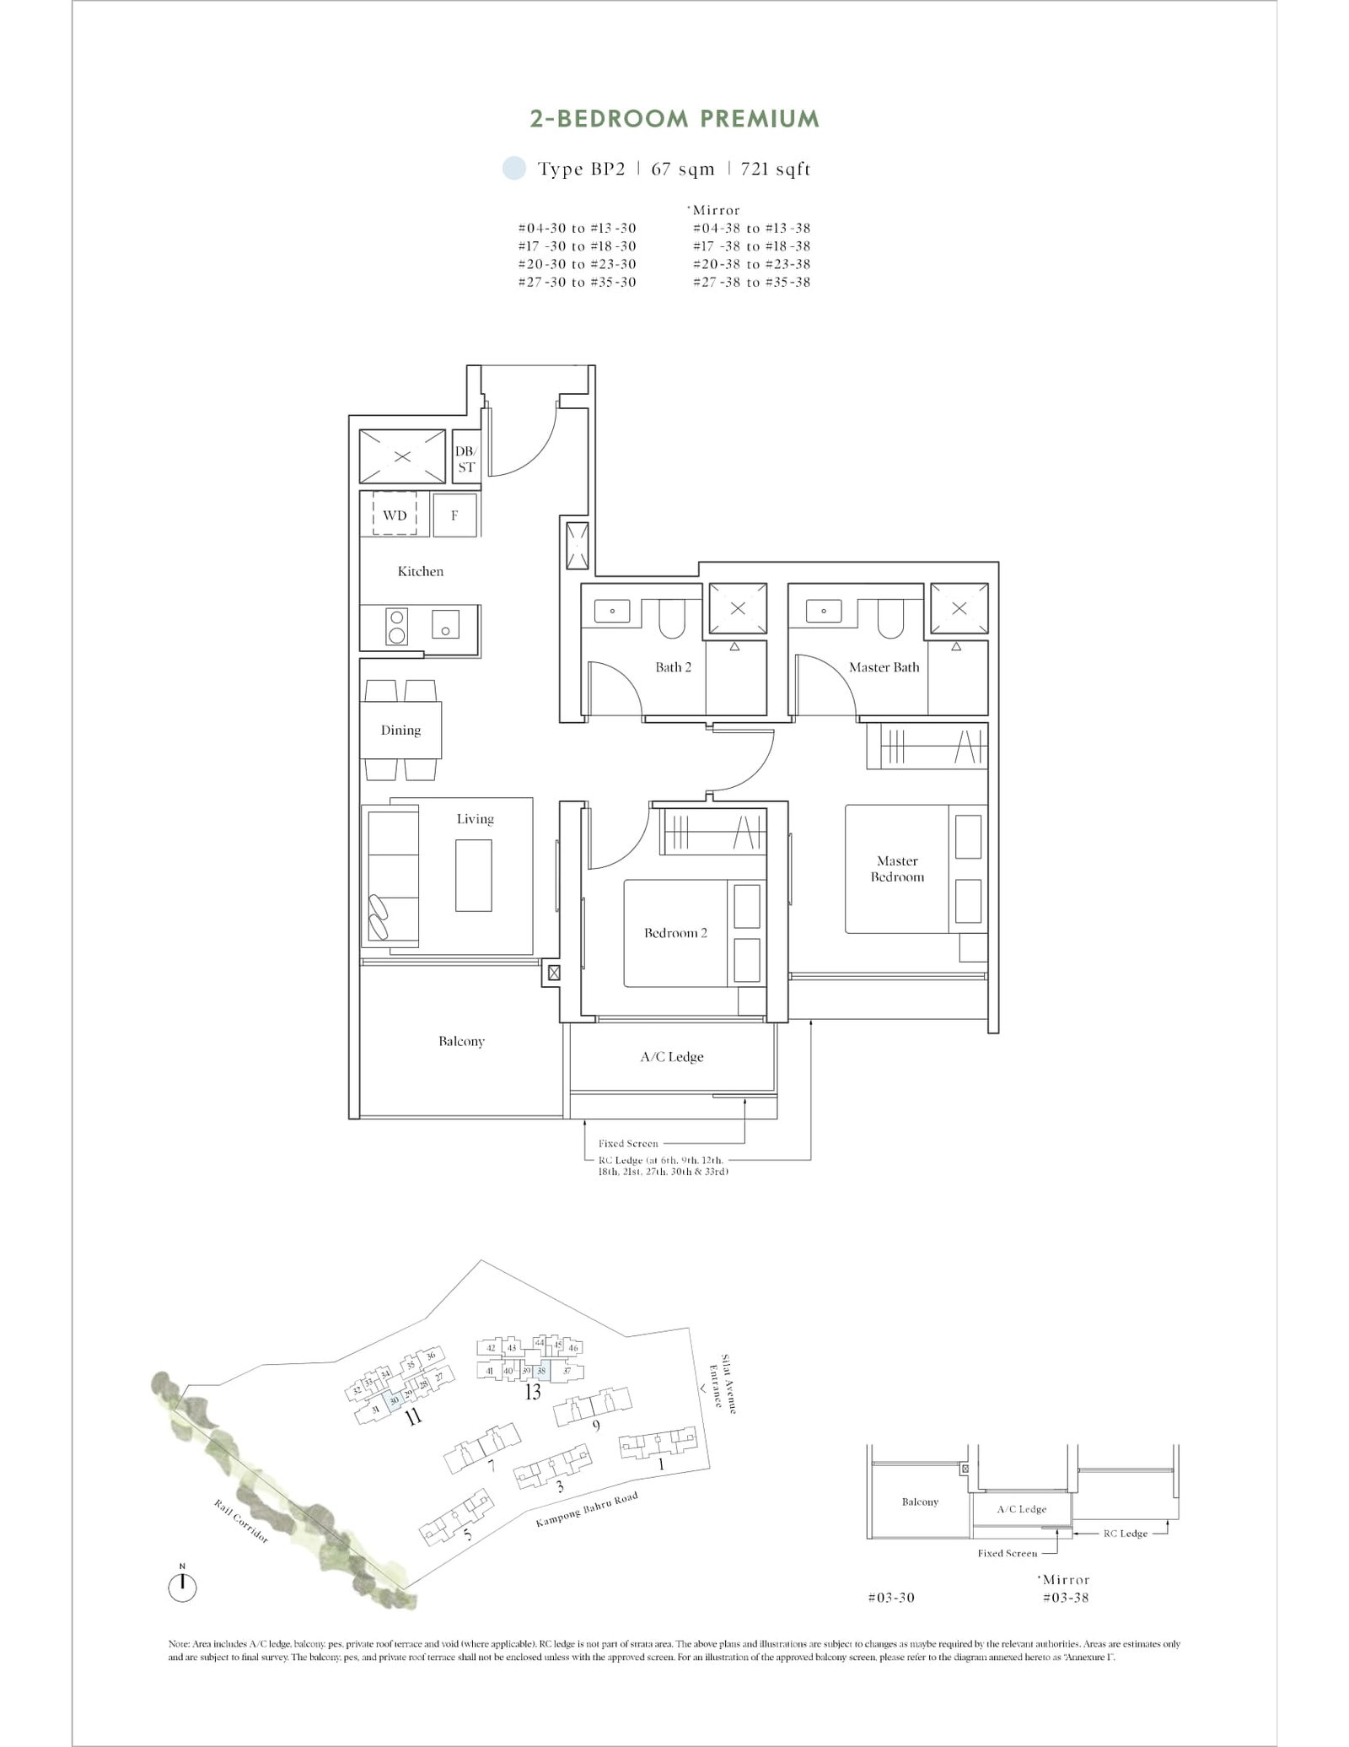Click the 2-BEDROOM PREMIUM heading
(x=674, y=119)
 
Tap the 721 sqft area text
(x=775, y=169)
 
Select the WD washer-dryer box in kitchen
(x=395, y=515)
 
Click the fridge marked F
(x=454, y=515)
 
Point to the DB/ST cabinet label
(x=465, y=459)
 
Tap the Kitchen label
(x=420, y=571)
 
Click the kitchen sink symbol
(x=445, y=624)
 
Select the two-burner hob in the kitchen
(x=396, y=626)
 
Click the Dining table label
(x=400, y=730)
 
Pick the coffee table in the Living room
(x=473, y=875)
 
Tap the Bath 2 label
(x=673, y=667)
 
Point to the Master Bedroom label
(x=897, y=869)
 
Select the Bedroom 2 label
(x=675, y=933)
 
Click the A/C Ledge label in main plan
(x=671, y=1056)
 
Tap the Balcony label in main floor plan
(x=461, y=1041)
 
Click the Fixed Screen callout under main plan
(x=627, y=1144)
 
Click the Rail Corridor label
(x=241, y=1523)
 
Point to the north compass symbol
(x=182, y=1588)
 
